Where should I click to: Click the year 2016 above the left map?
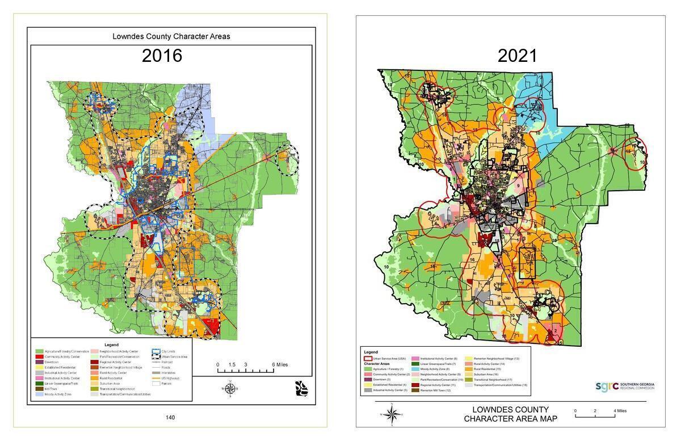(162, 56)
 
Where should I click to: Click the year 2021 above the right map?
(517, 56)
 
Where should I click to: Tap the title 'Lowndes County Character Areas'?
(171, 36)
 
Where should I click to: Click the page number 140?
(170, 418)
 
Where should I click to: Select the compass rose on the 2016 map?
(230, 388)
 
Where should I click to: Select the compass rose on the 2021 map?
(392, 413)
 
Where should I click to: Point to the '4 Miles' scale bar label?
(620, 410)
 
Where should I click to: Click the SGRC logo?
(624, 386)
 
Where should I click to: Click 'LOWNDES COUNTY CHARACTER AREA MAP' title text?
(510, 414)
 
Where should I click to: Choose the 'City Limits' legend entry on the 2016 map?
(168, 351)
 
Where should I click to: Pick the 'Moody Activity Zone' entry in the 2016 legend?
(58, 394)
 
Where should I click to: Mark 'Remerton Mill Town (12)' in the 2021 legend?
(435, 390)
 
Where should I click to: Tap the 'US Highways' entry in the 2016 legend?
(170, 378)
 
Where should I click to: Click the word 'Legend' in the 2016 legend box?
(111, 345)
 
